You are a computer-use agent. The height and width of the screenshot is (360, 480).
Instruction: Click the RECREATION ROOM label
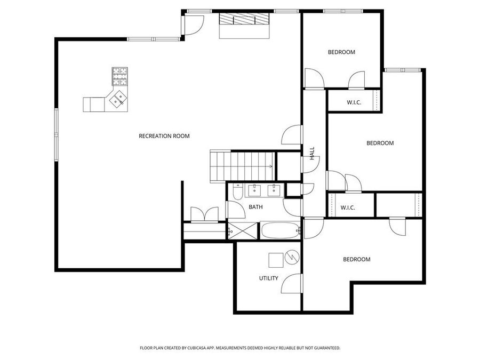tap(164, 136)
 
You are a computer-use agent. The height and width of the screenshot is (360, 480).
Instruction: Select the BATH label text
tap(254, 207)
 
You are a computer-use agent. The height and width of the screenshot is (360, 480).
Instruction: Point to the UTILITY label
tap(268, 278)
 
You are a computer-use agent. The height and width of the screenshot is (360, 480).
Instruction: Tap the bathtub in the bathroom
tap(279, 231)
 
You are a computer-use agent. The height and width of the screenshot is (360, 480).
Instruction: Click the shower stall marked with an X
tap(243, 231)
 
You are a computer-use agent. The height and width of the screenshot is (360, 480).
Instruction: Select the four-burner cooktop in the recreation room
tap(120, 76)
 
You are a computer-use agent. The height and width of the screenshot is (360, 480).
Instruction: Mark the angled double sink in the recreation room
tap(118, 99)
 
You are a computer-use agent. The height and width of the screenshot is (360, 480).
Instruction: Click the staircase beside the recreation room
tap(242, 165)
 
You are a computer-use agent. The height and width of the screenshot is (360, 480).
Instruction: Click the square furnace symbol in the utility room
tap(276, 260)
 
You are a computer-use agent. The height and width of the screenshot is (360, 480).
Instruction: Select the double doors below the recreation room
tap(204, 214)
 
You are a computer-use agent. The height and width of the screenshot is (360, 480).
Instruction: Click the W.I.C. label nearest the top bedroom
tap(354, 102)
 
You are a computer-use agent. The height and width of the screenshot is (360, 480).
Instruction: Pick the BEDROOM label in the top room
tap(341, 52)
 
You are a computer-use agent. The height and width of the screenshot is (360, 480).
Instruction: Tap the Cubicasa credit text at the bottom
tap(239, 348)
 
